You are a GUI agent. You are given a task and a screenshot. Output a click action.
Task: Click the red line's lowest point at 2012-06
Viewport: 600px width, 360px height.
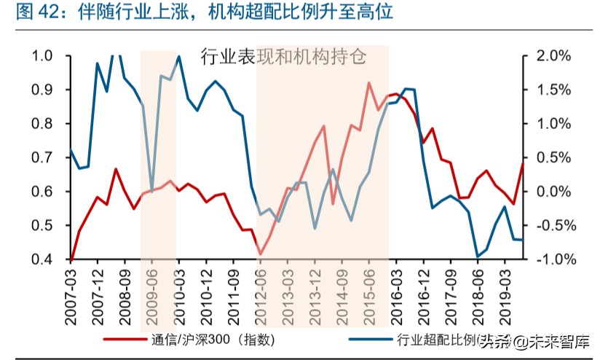click(260, 254)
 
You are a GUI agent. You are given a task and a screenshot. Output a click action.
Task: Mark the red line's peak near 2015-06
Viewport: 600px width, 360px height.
click(368, 83)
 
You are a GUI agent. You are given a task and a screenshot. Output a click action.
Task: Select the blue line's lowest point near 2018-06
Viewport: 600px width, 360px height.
click(477, 257)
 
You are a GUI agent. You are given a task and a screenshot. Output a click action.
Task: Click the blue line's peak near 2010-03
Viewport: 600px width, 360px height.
click(179, 57)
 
